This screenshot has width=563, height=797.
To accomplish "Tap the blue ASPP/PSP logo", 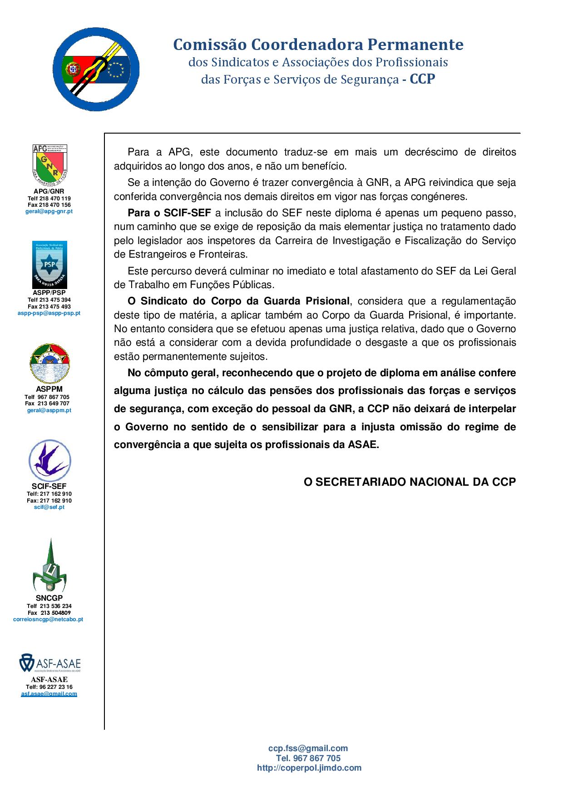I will click(x=49, y=265).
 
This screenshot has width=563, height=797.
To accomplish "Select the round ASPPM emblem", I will click(x=49, y=364).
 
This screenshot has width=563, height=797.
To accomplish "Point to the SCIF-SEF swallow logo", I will click(x=50, y=461).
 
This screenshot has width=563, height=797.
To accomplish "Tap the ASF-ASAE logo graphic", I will click(x=49, y=664).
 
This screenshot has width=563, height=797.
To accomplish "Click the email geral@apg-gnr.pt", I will click(x=49, y=211).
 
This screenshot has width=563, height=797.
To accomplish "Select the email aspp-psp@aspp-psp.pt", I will click(x=49, y=313).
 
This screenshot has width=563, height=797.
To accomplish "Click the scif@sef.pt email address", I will click(x=49, y=507).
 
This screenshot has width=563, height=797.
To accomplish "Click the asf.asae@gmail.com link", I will click(x=49, y=694).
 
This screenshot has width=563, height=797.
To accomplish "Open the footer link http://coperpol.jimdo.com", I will click(x=309, y=767).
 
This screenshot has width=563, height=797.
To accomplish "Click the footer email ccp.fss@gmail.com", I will click(x=308, y=748).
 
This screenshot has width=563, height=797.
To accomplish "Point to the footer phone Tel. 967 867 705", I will click(x=308, y=758).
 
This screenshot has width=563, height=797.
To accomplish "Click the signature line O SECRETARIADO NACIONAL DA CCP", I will click(x=410, y=482).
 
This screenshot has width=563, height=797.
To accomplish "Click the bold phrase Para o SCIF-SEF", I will click(x=169, y=213).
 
